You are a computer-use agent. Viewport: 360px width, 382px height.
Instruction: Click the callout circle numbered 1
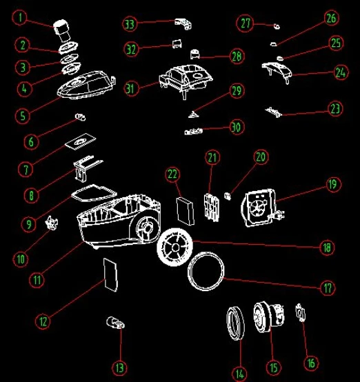(x=20, y=17)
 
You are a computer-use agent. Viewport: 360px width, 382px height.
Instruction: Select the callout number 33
(x=130, y=24)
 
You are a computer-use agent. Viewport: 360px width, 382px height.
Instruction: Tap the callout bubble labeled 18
(x=326, y=248)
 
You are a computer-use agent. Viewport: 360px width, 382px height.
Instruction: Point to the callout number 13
(x=119, y=368)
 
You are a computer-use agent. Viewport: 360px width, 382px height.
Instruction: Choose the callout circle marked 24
(x=341, y=72)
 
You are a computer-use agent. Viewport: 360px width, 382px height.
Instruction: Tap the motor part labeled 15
(x=268, y=316)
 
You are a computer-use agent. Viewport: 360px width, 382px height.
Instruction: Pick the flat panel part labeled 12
(x=110, y=275)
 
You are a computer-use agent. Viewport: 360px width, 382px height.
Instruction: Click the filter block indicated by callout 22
(x=186, y=211)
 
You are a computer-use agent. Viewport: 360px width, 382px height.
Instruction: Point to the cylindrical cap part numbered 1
(x=62, y=30)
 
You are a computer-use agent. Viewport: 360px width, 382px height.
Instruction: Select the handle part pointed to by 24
(x=277, y=72)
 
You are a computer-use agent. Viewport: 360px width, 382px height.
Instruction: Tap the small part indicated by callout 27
(x=277, y=26)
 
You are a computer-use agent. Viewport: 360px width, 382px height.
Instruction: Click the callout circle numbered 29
(x=237, y=90)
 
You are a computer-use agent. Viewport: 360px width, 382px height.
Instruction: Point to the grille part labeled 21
(x=211, y=207)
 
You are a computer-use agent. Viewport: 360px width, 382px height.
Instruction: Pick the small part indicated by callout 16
(x=301, y=312)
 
